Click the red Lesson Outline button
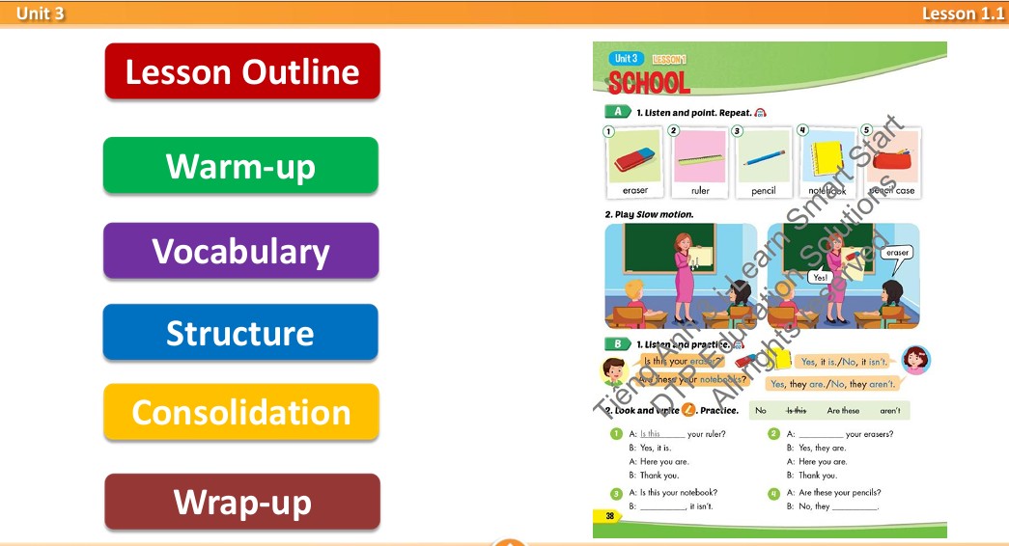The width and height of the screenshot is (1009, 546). pos(242,71)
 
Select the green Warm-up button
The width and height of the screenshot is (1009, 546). pos(240,166)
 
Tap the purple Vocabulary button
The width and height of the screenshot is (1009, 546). pos(240,251)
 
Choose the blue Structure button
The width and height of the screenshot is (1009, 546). pos(240,333)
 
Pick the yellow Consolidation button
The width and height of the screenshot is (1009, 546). pos(240,412)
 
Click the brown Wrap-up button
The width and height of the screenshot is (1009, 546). pos(242,502)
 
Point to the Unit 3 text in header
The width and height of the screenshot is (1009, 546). pos(40,13)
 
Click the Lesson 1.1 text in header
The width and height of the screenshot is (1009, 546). pos(962,13)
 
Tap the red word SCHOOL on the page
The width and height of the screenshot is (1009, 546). pos(649,84)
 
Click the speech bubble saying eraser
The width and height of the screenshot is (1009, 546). pos(897,253)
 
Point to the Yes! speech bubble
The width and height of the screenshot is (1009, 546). pos(820,277)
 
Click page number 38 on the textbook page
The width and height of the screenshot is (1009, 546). pos(609,516)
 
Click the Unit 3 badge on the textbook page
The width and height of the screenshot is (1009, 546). pos(626,59)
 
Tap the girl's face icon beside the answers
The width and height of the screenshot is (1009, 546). pos(914,360)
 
